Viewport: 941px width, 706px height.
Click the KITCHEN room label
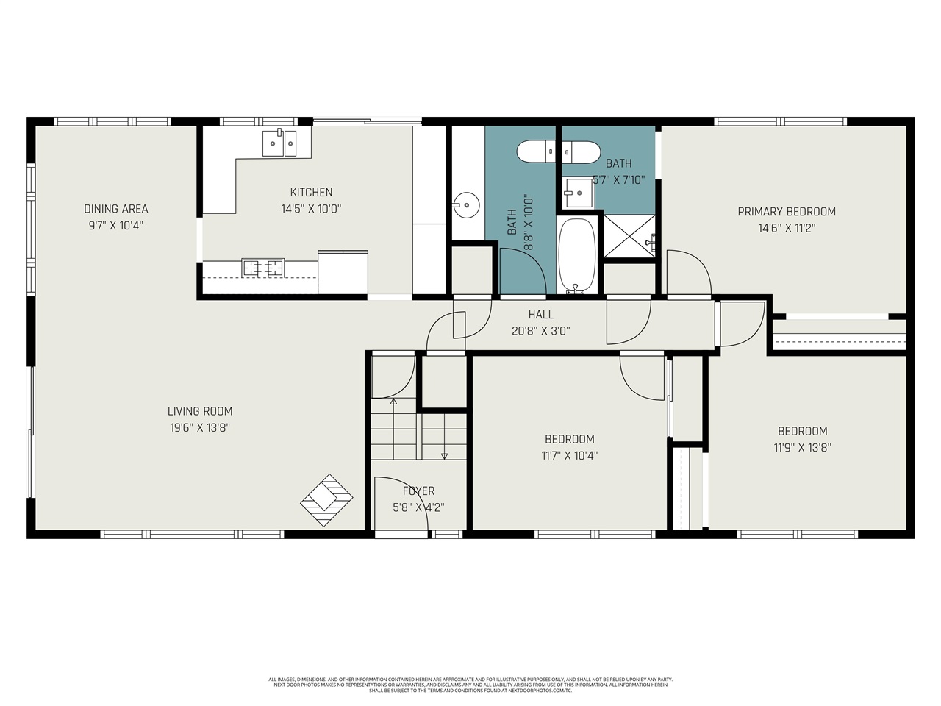tap(311, 193)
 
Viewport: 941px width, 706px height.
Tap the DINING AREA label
tap(116, 209)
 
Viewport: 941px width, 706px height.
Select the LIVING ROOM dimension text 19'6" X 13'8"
tap(199, 427)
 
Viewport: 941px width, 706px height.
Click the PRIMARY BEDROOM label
tap(787, 212)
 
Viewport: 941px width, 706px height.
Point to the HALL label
tap(540, 315)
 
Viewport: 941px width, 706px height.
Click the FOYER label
tap(418, 491)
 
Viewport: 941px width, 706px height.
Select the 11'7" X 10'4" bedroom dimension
tap(570, 455)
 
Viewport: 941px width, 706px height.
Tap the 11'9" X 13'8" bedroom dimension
tap(802, 447)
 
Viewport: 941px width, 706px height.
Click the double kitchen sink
tap(279, 143)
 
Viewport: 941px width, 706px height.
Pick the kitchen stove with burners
tap(263, 268)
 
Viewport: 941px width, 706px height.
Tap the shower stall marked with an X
tap(629, 236)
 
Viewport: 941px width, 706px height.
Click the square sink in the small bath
tap(578, 194)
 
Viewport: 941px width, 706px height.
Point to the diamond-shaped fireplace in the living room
tap(328, 500)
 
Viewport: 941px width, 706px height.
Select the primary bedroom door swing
tap(688, 273)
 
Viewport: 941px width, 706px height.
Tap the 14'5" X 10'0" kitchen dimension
tap(311, 209)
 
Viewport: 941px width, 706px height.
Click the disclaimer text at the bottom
tap(470, 685)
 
